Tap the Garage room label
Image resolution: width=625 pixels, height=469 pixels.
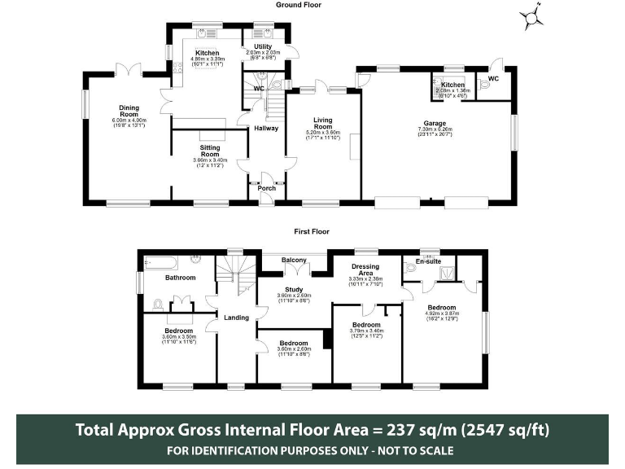pyautogui.click(x=431, y=124)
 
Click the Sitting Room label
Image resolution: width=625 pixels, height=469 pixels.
pyautogui.click(x=210, y=149)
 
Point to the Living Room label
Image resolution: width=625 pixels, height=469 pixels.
pyautogui.click(x=323, y=123)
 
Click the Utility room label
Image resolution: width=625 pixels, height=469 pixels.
pyautogui.click(x=262, y=47)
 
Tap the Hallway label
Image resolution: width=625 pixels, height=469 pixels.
pyautogui.click(x=266, y=128)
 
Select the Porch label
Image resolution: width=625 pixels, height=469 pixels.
pyautogui.click(x=266, y=189)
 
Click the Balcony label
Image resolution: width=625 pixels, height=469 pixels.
pyautogui.click(x=293, y=261)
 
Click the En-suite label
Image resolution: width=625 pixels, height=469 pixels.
pyautogui.click(x=428, y=261)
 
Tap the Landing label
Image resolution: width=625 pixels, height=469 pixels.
pyautogui.click(x=236, y=318)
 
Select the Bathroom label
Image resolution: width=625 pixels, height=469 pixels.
pyautogui.click(x=180, y=278)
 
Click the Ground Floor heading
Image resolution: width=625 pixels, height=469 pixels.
pyautogui.click(x=298, y=5)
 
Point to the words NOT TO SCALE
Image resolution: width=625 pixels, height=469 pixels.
pyautogui.click(x=412, y=450)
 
